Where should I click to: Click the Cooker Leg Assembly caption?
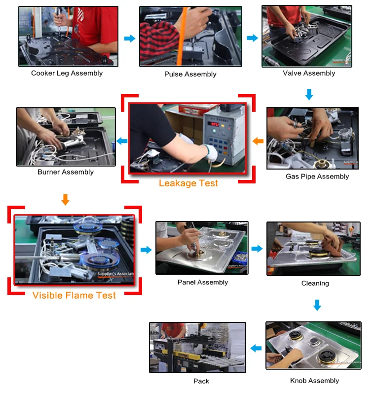point(67,73)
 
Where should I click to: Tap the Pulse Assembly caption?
point(190,74)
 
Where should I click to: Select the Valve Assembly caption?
point(309,73)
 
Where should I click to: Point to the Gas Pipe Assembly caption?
point(317,176)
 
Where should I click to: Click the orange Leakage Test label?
point(188,183)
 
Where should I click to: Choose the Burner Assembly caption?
point(66,172)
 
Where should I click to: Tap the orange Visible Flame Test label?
point(74,295)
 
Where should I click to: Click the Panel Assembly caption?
point(203,282)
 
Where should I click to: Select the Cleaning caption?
point(315,283)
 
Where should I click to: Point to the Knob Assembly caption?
point(314,381)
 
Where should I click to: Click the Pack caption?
point(201,381)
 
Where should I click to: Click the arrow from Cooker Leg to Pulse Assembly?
point(130,39)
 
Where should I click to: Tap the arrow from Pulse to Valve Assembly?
point(253,38)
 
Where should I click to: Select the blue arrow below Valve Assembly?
point(309,94)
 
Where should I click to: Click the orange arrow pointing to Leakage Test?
point(258,141)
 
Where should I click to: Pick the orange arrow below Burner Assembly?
point(66,200)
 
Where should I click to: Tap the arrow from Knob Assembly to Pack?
point(256,349)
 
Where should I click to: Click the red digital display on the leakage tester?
point(215,124)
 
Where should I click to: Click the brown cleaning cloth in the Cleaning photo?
point(332,243)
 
